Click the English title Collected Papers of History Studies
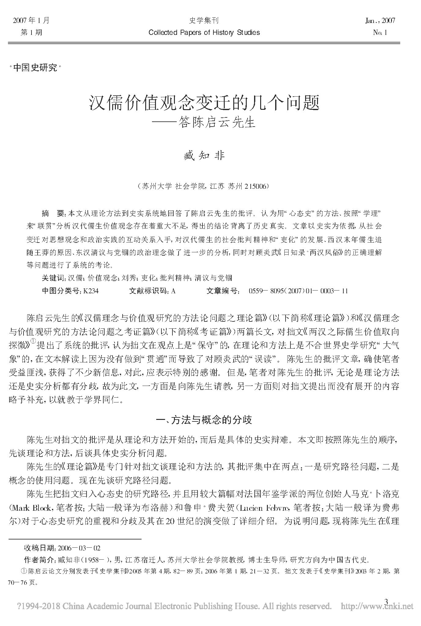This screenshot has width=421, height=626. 204,32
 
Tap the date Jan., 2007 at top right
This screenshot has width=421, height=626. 380,20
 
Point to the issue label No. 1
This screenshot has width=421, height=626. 380,32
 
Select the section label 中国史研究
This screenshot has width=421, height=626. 35,68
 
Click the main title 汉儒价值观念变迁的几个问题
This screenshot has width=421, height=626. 204,103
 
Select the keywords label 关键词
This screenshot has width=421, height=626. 54,278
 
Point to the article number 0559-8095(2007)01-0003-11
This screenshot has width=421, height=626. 298,291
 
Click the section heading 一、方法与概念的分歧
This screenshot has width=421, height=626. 204,420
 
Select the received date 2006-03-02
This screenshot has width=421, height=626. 79,548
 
